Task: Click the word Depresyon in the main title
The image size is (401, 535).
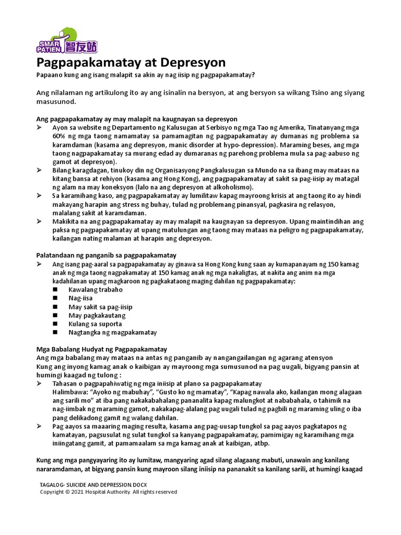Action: pos(193,63)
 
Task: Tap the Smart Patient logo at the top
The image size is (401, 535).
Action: pos(66,41)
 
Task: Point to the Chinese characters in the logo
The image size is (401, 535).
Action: pos(80,46)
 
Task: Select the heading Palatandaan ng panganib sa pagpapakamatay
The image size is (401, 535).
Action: pos(106,255)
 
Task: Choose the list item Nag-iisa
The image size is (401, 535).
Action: pos(80,298)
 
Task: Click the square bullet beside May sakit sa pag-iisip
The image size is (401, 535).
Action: pos(56,307)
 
